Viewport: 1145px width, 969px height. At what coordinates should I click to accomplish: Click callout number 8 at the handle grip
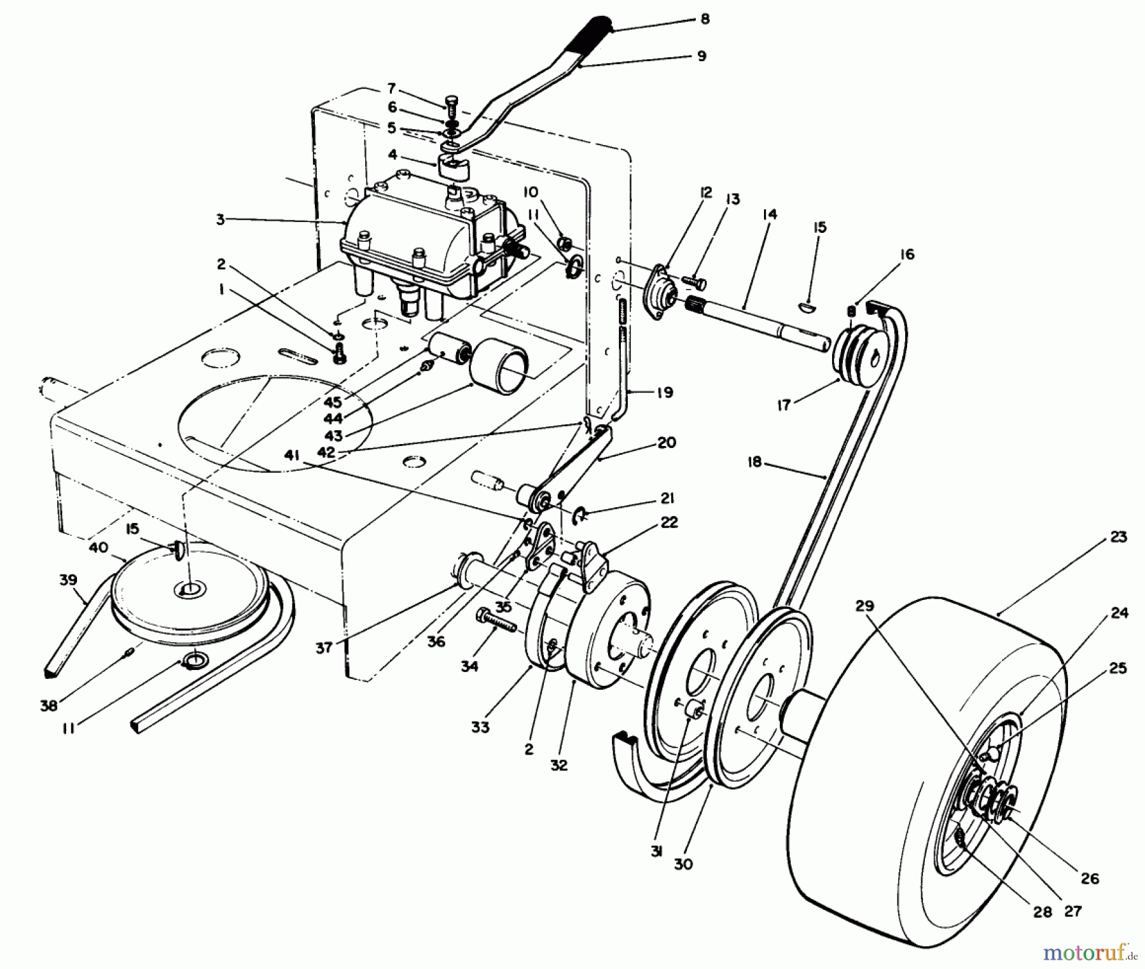pyautogui.click(x=704, y=20)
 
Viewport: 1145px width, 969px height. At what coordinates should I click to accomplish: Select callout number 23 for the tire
pyautogui.click(x=1118, y=537)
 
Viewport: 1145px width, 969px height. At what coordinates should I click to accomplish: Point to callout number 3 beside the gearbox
pyautogui.click(x=220, y=220)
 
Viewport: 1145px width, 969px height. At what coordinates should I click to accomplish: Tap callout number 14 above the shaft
pyautogui.click(x=769, y=215)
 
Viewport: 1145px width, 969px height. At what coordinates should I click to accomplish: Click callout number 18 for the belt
pyautogui.click(x=754, y=463)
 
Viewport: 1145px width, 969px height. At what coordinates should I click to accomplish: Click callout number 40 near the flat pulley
pyautogui.click(x=98, y=547)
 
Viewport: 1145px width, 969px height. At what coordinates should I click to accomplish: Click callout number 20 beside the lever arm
pyautogui.click(x=666, y=442)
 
